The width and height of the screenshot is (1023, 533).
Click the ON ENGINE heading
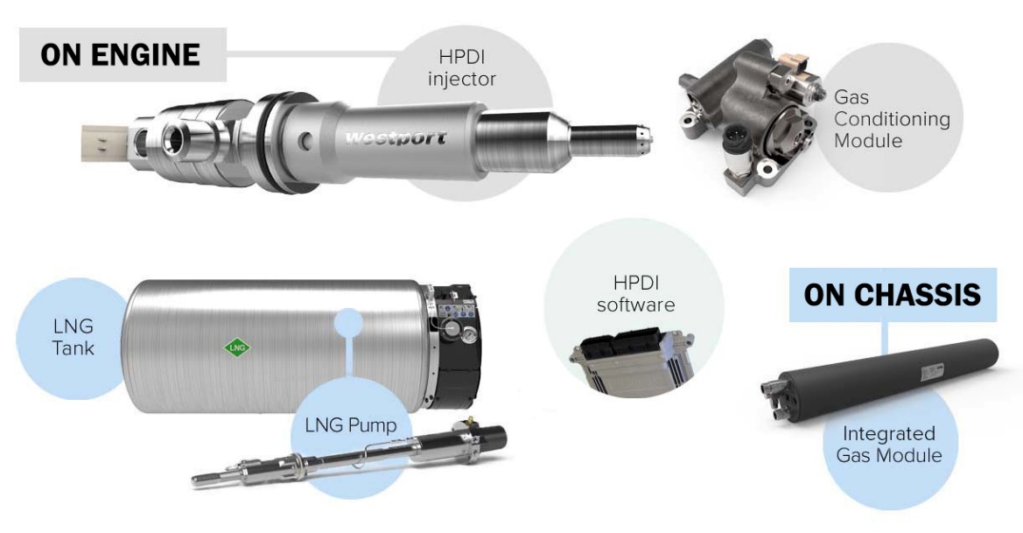pos(120,55)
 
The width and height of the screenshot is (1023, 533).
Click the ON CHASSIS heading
pos(893,295)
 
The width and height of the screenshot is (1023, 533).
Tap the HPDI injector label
pos(462,68)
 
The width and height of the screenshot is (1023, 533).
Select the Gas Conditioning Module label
pos(892,119)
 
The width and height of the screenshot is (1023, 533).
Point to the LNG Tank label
pos(74,337)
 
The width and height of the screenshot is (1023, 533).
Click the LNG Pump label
pos(351,425)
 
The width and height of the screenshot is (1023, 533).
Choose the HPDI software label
pos(635,293)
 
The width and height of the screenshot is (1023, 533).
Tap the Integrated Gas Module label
pos(888,445)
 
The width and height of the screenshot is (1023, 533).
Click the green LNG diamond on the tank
pos(237,347)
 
